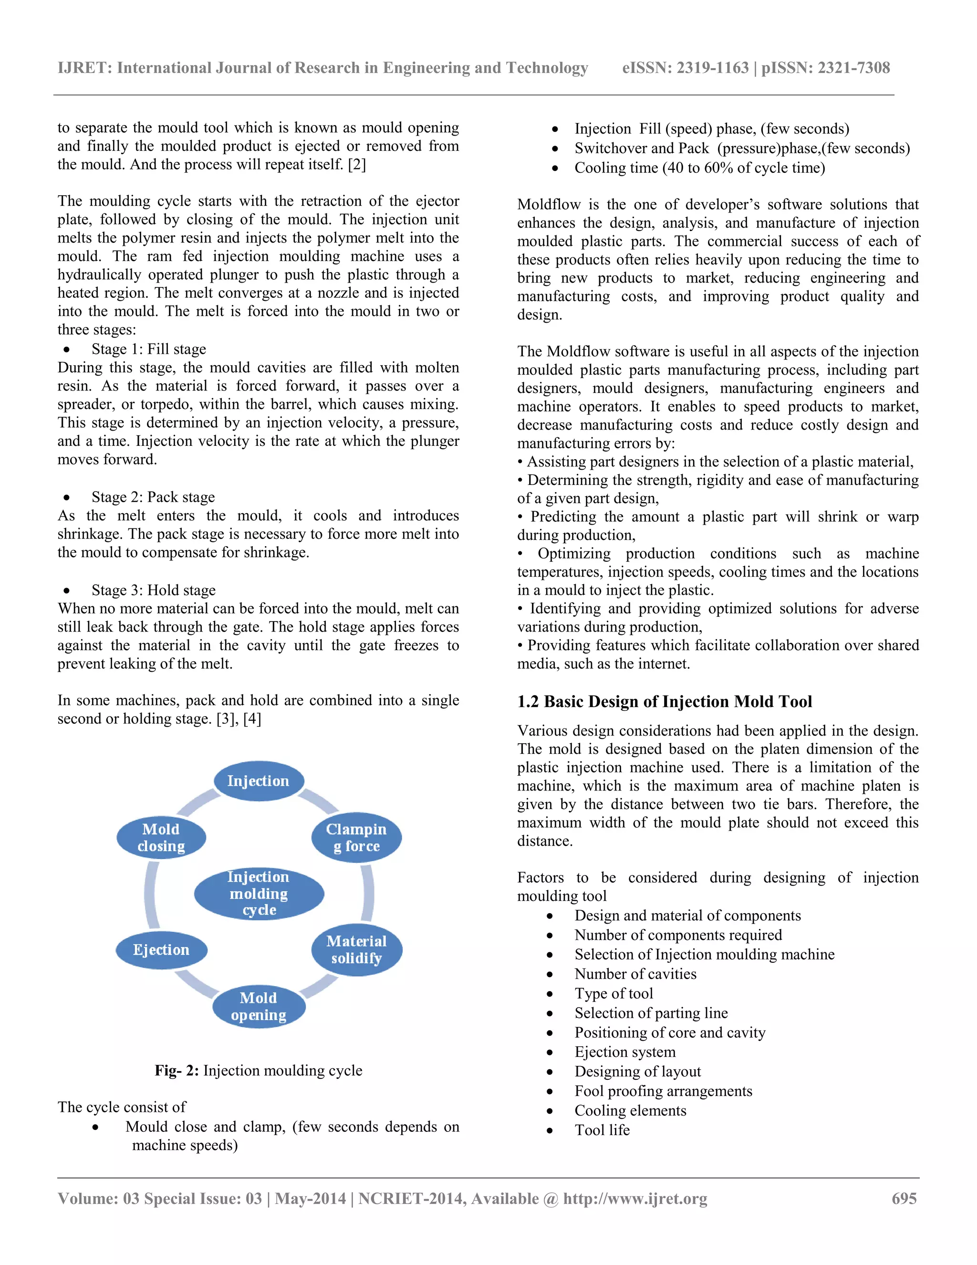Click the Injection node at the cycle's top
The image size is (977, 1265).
(x=258, y=781)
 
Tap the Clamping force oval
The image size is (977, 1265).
(x=356, y=838)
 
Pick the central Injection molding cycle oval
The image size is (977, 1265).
(x=259, y=893)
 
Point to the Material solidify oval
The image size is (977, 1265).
(x=356, y=950)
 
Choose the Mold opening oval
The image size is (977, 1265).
(x=258, y=1006)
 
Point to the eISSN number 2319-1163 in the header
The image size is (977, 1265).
(x=713, y=68)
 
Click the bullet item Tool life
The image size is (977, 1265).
(x=602, y=1130)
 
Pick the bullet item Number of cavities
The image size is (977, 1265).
(x=635, y=974)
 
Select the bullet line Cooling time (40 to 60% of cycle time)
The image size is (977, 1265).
(x=699, y=168)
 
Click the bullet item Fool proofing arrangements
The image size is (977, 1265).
(x=663, y=1091)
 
